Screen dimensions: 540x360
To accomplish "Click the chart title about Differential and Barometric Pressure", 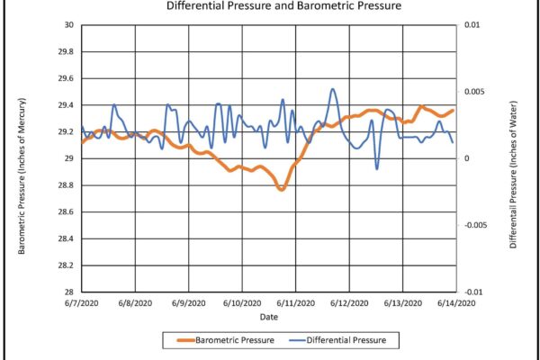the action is pyautogui.click(x=283, y=5).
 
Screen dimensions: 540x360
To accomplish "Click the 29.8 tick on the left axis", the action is pyautogui.click(x=67, y=51).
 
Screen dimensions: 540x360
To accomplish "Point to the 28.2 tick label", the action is pyautogui.click(x=67, y=265).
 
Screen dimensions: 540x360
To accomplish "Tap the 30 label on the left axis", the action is pyautogui.click(x=69, y=25).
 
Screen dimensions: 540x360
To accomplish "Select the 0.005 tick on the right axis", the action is pyautogui.click(x=474, y=92).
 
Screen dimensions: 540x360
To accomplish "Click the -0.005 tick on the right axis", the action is pyautogui.click(x=475, y=225).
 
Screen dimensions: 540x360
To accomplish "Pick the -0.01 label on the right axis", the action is pyautogui.click(x=472, y=292).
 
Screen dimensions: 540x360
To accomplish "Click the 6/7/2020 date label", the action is pyautogui.click(x=82, y=303).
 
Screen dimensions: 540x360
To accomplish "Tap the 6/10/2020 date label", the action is pyautogui.click(x=242, y=303).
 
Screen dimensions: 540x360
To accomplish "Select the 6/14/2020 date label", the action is pyautogui.click(x=456, y=303).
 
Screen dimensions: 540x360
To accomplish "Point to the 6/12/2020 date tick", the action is pyautogui.click(x=349, y=303).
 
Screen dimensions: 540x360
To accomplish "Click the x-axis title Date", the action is pyautogui.click(x=268, y=317).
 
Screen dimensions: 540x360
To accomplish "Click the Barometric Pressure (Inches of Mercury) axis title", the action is pyautogui.click(x=22, y=176).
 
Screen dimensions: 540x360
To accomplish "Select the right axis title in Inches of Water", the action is pyautogui.click(x=514, y=175).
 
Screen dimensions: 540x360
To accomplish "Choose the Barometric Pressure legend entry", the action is pyautogui.click(x=226, y=340).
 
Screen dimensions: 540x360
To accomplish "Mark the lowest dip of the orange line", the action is pyautogui.click(x=282, y=189).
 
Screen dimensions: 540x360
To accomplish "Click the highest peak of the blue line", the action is pyautogui.click(x=333, y=89).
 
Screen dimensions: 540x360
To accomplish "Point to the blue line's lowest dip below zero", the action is pyautogui.click(x=377, y=169).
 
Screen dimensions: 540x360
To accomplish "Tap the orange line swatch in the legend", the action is pyautogui.click(x=186, y=340).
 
